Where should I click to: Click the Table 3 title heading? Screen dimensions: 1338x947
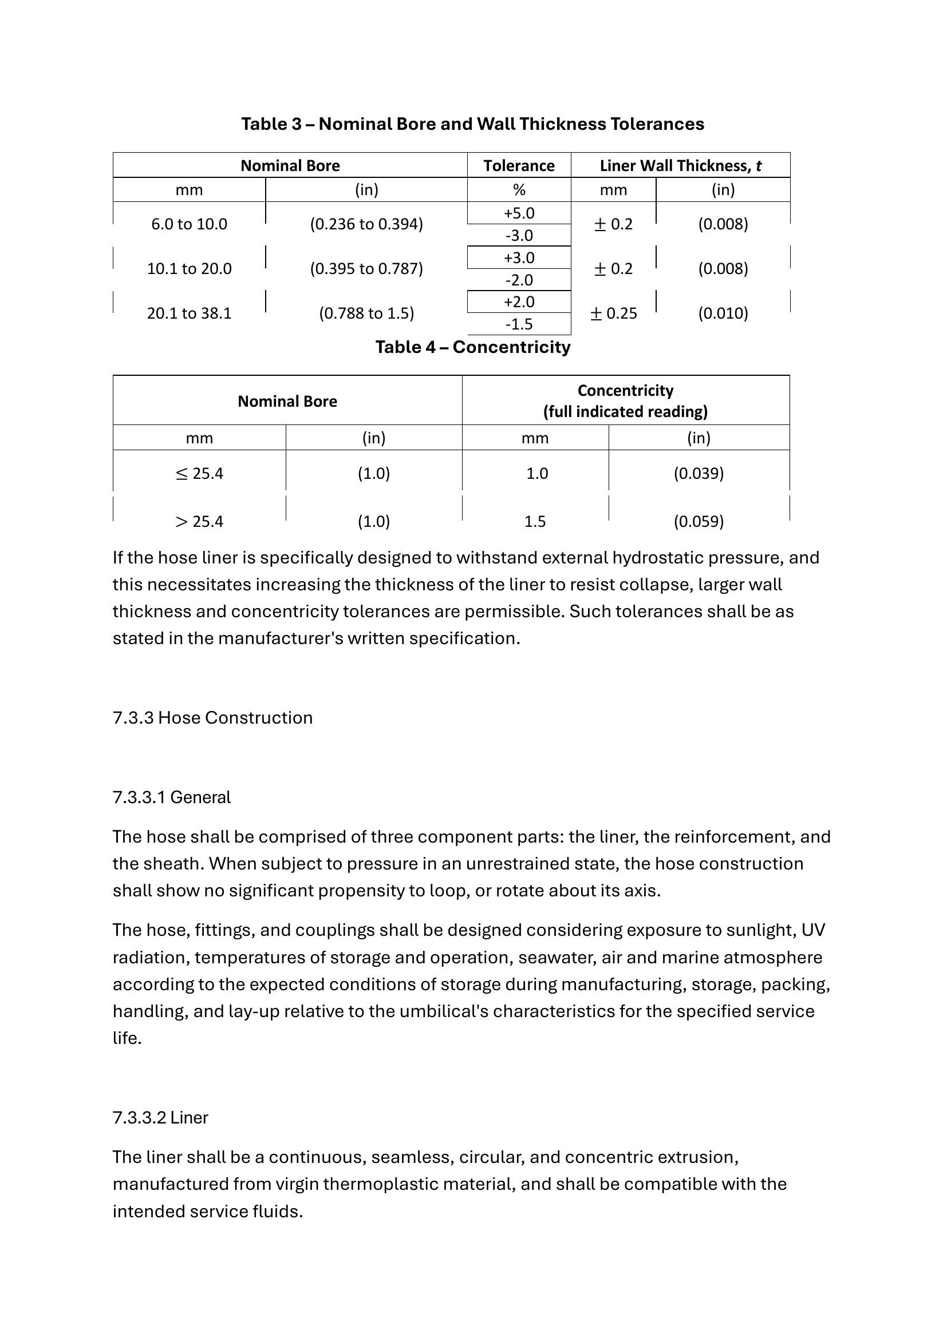[x=472, y=124]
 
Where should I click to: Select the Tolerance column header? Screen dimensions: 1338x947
[x=518, y=165]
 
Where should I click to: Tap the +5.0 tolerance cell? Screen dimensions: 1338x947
[x=518, y=213]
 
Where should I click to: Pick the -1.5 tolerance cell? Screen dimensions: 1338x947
[x=518, y=324]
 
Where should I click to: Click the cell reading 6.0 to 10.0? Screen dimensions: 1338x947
[x=189, y=224]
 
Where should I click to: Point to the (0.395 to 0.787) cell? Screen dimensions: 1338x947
[x=366, y=269]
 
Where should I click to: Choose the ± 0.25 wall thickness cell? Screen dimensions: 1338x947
[x=613, y=313]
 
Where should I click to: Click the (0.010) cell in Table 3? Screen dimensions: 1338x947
[x=723, y=313]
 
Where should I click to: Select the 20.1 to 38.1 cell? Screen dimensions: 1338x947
[x=189, y=313]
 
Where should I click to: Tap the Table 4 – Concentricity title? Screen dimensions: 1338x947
[x=472, y=347]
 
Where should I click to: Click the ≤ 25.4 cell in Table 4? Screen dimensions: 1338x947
[x=199, y=473]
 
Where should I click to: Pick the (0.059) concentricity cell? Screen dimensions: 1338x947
[x=699, y=521]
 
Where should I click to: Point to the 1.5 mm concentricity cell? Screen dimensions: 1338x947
[x=535, y=521]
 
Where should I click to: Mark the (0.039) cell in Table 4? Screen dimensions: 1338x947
[x=699, y=473]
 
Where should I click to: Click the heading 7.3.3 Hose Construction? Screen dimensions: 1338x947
[x=212, y=717]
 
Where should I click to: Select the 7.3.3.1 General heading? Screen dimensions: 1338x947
[x=171, y=797]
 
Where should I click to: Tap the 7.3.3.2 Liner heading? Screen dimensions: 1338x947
[x=160, y=1118]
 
